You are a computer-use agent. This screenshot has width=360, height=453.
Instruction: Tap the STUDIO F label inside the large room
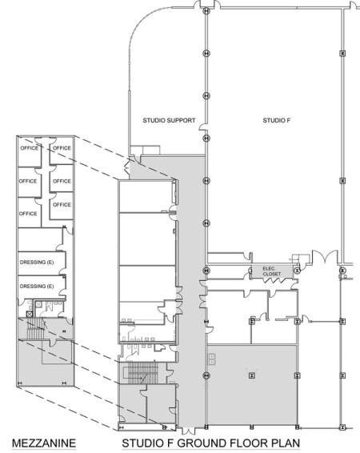(x=274, y=121)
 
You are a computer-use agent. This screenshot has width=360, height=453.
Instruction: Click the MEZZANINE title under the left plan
(x=38, y=442)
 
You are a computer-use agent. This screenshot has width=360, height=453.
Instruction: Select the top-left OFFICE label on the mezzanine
(x=28, y=148)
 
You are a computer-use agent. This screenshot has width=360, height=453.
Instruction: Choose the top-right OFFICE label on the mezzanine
(x=62, y=148)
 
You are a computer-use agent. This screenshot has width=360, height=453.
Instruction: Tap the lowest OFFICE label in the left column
(x=28, y=214)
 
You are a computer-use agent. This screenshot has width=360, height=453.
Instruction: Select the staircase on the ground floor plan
(x=140, y=373)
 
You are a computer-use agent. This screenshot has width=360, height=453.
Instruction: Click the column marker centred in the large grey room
(x=252, y=374)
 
